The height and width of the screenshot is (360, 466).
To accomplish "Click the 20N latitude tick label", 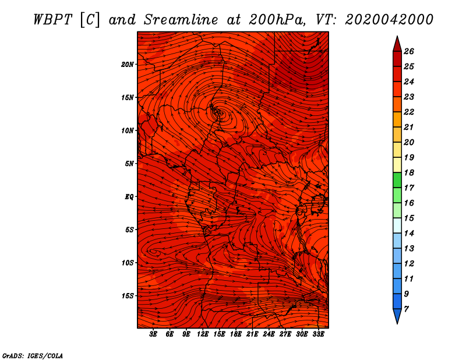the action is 127,65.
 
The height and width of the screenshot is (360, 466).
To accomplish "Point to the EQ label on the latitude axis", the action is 129,197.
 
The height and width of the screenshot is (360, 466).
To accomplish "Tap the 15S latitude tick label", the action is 128,296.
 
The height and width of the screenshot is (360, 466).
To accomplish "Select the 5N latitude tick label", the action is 129,164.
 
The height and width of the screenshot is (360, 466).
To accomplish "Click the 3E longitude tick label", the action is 153,334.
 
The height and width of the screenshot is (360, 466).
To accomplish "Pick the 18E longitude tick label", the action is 236,334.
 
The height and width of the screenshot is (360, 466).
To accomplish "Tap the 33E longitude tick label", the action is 318,334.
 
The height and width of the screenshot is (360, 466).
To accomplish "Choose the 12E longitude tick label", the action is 203,334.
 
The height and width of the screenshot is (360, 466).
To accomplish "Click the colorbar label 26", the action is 409,51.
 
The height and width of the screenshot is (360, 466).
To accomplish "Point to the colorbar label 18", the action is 409,172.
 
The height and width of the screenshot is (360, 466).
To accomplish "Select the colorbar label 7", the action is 406,309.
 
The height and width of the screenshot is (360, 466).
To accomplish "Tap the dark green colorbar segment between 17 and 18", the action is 397,180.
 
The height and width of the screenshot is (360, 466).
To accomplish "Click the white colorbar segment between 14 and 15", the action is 397,225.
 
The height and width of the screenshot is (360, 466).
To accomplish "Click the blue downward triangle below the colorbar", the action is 397,315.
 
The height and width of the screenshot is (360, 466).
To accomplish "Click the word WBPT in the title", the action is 52,20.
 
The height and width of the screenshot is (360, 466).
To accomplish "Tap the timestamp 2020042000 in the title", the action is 389,20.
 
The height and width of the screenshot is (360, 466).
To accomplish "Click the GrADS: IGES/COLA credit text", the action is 33,355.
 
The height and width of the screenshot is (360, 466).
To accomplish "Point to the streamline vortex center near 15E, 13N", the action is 221,113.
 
